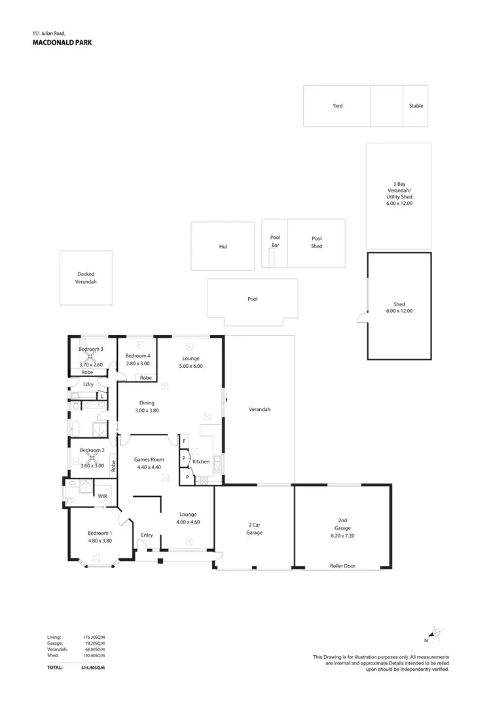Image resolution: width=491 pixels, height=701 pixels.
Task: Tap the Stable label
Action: tap(416, 105)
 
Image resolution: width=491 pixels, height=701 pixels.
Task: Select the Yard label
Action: tap(337, 105)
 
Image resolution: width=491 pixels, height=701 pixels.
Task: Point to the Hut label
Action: tap(223, 247)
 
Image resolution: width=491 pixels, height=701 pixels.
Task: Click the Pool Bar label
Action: tap(275, 242)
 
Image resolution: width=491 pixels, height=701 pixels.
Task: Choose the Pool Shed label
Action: tap(317, 242)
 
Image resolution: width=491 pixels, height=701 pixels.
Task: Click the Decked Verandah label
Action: tap(86, 278)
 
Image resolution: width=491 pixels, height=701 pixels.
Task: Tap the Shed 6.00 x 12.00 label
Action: tap(399, 308)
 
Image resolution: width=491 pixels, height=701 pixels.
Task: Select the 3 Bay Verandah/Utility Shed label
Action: tap(399, 194)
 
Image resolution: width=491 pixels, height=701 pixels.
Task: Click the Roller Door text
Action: tap(344, 566)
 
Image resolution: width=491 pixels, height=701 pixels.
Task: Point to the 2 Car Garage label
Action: tap(254, 529)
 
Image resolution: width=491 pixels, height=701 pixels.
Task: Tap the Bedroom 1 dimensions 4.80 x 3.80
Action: tap(100, 541)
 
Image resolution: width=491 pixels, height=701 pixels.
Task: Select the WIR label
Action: tap(102, 497)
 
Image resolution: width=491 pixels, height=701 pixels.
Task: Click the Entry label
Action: tap(147, 535)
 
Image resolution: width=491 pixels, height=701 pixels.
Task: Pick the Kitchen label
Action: tap(201, 461)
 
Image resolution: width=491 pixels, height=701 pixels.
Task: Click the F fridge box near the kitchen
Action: tap(185, 441)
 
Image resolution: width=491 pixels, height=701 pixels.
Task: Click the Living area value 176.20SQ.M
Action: tap(93, 637)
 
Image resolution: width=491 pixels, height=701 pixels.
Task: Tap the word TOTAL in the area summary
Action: tap(55, 668)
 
